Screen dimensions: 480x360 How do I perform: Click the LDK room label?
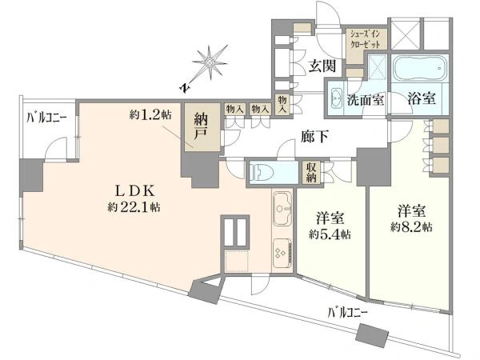pyautogui.click(x=134, y=191)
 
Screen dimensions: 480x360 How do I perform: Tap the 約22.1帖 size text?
pyautogui.click(x=134, y=207)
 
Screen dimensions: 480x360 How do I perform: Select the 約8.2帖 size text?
pyautogui.click(x=411, y=227)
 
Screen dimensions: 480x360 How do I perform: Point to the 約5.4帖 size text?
pyautogui.click(x=330, y=234)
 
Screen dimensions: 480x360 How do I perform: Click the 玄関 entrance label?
pyautogui.click(x=322, y=66)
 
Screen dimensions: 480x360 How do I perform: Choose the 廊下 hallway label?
pyautogui.click(x=314, y=137)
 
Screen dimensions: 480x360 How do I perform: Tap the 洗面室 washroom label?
pyautogui.click(x=366, y=100)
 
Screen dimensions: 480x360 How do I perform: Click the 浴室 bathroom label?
pyautogui.click(x=422, y=98)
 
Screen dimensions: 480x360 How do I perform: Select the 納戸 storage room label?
pyautogui.click(x=201, y=126)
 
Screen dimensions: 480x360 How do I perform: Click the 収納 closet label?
pyautogui.click(x=311, y=172)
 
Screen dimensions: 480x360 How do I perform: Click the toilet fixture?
pyautogui.click(x=261, y=173)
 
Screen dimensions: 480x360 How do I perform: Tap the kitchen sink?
pyautogui.click(x=282, y=209)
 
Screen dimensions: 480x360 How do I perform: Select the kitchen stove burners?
pyautogui.click(x=282, y=253)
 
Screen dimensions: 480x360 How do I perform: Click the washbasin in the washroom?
pyautogui.click(x=336, y=98)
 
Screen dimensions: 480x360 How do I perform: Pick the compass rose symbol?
pyautogui.click(x=210, y=62)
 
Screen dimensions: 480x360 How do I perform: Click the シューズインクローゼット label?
pyautogui.click(x=366, y=39)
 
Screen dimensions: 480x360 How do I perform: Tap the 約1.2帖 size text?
pyautogui.click(x=150, y=115)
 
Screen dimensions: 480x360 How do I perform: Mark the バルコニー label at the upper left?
pyautogui.click(x=46, y=118)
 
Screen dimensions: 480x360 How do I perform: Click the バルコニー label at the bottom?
pyautogui.click(x=347, y=313)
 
